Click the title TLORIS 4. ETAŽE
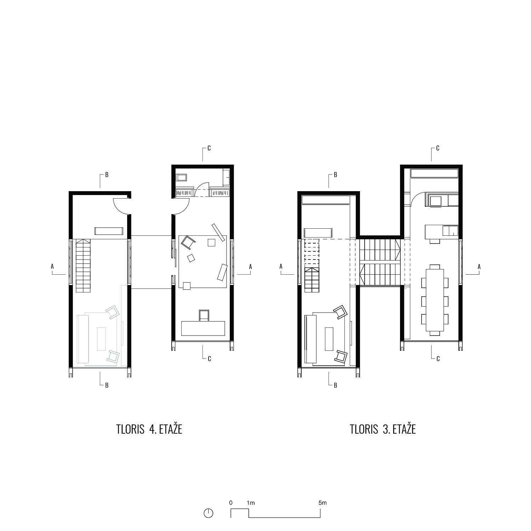pyautogui.click(x=149, y=429)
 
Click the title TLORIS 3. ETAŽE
pyautogui.click(x=383, y=429)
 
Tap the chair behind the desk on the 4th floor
pyautogui.click(x=204, y=315)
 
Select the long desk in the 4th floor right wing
pyautogui.click(x=203, y=328)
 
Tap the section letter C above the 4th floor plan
pyautogui.click(x=209, y=148)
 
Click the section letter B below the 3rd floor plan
pyautogui.click(x=336, y=386)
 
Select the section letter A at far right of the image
pyautogui.click(x=479, y=267)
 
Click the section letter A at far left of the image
pyautogui.click(x=52, y=266)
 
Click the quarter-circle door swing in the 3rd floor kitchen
pyautogui.click(x=417, y=199)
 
